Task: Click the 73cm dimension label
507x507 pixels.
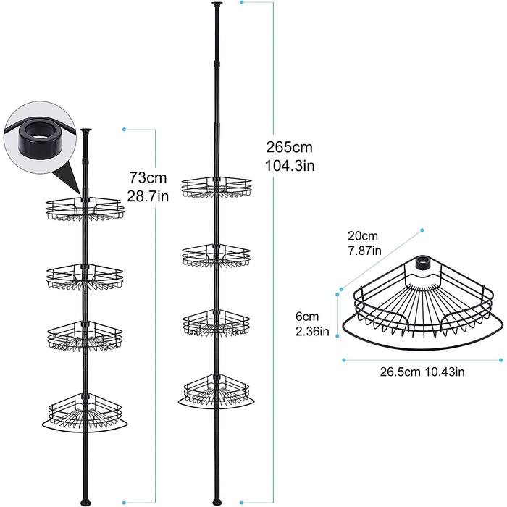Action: [148, 178]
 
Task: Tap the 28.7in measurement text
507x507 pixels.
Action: [148, 196]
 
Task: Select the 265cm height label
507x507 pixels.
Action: [290, 148]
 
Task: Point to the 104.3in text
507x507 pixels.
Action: [290, 166]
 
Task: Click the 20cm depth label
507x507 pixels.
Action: [363, 236]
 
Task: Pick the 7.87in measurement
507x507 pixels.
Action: [364, 251]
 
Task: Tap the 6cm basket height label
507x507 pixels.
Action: [307, 317]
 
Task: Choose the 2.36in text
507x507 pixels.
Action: [312, 332]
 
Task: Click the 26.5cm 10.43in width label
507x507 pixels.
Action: [422, 372]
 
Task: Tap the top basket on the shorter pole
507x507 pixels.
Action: [85, 209]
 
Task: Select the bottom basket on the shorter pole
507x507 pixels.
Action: [85, 413]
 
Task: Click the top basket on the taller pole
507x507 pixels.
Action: [217, 188]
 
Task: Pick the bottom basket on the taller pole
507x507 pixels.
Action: [217, 392]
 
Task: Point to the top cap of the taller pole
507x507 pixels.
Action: [216, 4]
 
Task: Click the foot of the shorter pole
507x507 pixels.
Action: [85, 502]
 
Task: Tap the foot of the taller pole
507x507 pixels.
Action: [217, 502]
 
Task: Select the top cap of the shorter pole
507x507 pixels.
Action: [85, 130]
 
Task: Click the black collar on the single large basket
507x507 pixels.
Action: [422, 263]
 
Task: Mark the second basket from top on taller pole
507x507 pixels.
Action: [217, 256]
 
